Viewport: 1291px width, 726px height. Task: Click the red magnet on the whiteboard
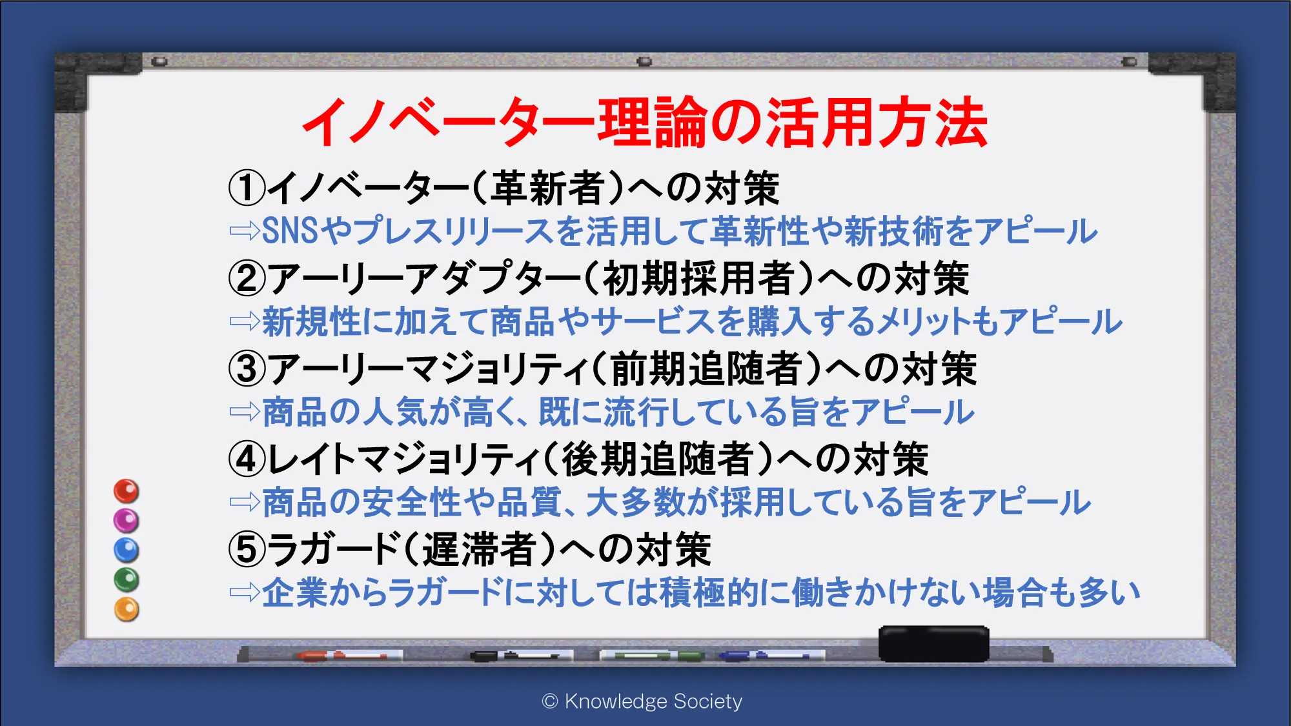(127, 491)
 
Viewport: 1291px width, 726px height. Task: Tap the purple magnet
(127, 520)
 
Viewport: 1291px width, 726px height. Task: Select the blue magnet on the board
(127, 550)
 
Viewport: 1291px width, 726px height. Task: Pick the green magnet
(127, 580)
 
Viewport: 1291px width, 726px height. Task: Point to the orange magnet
(127, 609)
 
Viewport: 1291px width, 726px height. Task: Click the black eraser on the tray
(933, 643)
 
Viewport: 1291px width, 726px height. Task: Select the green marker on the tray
(652, 656)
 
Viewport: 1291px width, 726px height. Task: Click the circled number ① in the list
(247, 188)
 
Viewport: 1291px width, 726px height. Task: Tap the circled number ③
(247, 369)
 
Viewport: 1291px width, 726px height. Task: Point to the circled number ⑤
(247, 550)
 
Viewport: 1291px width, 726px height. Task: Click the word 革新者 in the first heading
(548, 188)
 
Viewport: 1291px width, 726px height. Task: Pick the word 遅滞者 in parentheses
(480, 550)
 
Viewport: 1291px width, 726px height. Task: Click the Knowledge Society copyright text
(642, 701)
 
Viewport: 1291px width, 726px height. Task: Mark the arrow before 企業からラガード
(245, 592)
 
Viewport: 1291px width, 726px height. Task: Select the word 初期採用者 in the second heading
(698, 279)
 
